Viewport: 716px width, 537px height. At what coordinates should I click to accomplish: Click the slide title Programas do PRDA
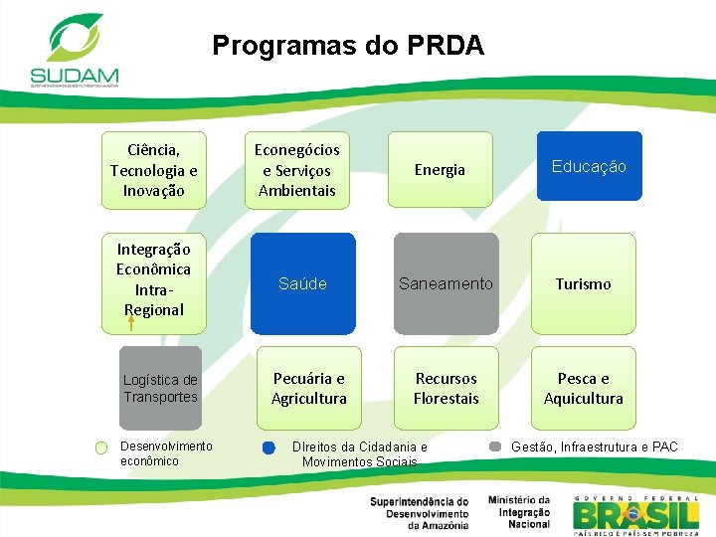coord(348,46)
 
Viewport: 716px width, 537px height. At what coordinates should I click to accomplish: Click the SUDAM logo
coord(74,49)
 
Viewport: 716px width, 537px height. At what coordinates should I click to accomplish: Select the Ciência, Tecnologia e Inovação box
coord(154,170)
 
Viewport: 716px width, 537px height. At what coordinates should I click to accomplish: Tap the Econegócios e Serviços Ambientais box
coord(297,170)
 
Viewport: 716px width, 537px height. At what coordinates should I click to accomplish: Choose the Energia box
coord(440,170)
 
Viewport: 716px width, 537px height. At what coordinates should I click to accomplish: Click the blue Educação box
coord(589,166)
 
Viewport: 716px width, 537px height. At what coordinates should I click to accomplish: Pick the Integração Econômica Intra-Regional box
coord(154,278)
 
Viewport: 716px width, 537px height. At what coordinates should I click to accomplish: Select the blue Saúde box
coord(302,283)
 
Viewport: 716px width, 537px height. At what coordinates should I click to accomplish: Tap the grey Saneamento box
coord(446,283)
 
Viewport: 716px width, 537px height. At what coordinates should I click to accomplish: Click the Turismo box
coord(583,283)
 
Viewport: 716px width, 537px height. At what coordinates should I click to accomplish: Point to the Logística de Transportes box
coord(160,388)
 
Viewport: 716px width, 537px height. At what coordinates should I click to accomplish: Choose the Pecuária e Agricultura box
coord(309,388)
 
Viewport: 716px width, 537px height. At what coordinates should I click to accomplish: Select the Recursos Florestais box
coord(447,388)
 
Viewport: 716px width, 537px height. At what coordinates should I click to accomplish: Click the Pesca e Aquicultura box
coord(583,388)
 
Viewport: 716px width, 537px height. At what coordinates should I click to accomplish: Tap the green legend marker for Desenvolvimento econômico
coord(101,448)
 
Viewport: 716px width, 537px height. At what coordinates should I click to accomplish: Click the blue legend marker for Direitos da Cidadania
coord(268,448)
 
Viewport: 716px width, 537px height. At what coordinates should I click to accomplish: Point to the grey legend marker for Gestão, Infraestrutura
coord(495,447)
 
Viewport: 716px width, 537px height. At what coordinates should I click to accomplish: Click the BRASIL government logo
coord(635,513)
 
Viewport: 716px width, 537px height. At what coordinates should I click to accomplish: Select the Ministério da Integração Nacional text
coord(518,512)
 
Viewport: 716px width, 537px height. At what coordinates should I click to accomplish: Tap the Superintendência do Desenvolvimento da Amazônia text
coord(419,513)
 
